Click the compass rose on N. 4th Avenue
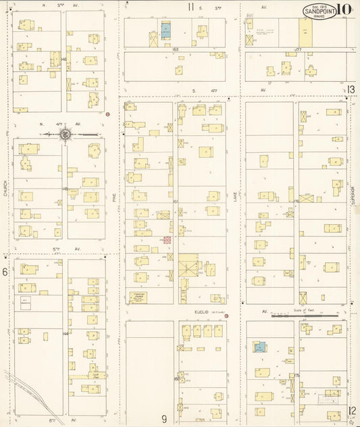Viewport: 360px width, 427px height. point(65,134)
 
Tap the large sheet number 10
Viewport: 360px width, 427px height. point(344,9)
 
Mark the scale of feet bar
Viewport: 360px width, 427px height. point(305,315)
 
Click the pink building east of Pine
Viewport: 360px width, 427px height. point(167,240)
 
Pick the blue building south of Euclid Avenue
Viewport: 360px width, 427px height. point(259,348)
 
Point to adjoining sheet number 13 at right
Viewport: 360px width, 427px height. point(351,89)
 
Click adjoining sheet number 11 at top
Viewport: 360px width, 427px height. point(191,7)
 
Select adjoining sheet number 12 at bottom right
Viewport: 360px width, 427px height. point(351,410)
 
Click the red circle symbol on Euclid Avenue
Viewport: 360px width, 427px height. point(226,316)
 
